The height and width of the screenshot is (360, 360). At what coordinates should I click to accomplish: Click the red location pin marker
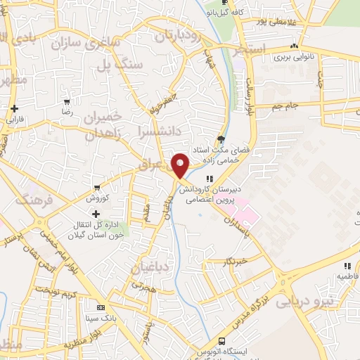pos(181,165)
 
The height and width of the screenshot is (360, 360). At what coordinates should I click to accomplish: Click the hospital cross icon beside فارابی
pos(15,108)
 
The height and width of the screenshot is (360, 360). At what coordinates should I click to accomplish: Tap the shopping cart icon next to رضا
pos(67,102)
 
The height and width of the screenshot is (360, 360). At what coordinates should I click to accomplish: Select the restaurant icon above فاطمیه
pos(347,266)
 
